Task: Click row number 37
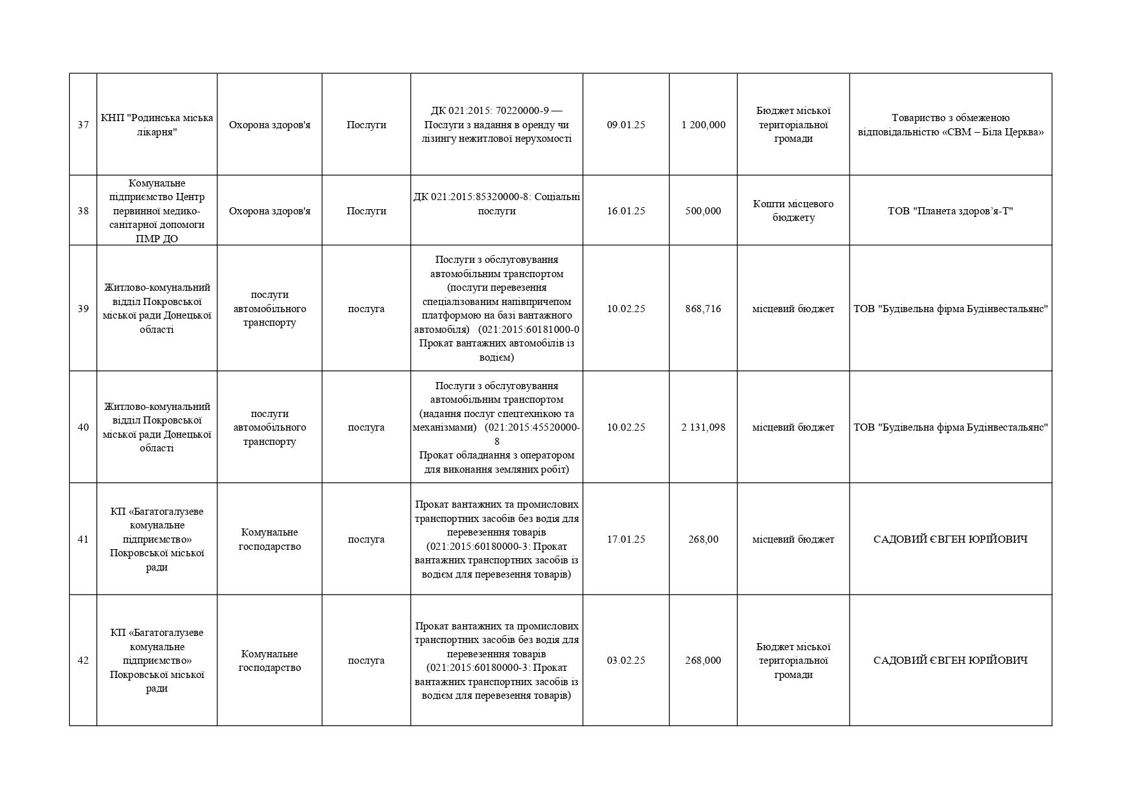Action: [x=83, y=125]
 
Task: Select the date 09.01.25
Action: [x=626, y=125]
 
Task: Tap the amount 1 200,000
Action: [x=703, y=125]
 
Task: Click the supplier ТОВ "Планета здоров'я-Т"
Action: [x=951, y=211]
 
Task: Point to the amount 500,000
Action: [x=703, y=211]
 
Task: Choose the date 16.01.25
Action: [x=626, y=211]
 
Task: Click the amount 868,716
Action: [x=703, y=309]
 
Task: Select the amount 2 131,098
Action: [x=703, y=427]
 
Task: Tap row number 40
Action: [x=83, y=427]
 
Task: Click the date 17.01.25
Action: [x=626, y=539]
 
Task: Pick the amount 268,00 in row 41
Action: [x=703, y=539]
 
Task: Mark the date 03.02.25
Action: [x=626, y=661]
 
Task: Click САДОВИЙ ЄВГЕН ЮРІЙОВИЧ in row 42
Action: [x=951, y=661]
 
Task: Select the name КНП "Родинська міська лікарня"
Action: [x=157, y=125]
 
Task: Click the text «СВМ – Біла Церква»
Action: [x=997, y=132]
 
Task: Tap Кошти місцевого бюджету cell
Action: [x=793, y=211]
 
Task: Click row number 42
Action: [x=83, y=661]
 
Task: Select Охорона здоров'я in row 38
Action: [x=269, y=211]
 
